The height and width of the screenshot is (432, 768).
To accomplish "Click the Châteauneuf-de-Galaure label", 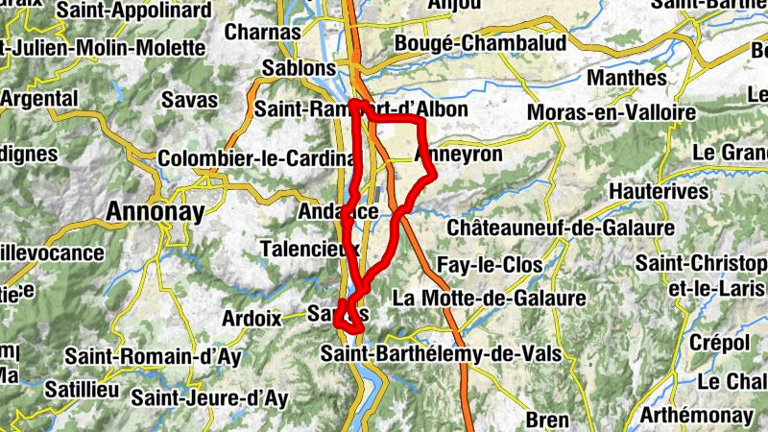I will tap(561, 228).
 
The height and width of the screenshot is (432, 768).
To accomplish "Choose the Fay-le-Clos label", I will tap(489, 264).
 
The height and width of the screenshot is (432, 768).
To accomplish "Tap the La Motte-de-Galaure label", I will tap(489, 298).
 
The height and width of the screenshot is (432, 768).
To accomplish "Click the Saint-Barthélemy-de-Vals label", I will tap(441, 353).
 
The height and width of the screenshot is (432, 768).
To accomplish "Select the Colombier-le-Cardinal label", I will tap(249, 158).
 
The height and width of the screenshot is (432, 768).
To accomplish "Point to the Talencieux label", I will tap(309, 249).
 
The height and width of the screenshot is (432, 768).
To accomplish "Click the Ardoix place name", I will tap(252, 317).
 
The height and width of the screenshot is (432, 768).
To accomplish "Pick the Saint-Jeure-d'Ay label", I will tap(209, 396).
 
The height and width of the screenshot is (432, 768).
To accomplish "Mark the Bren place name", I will tap(547, 420).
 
